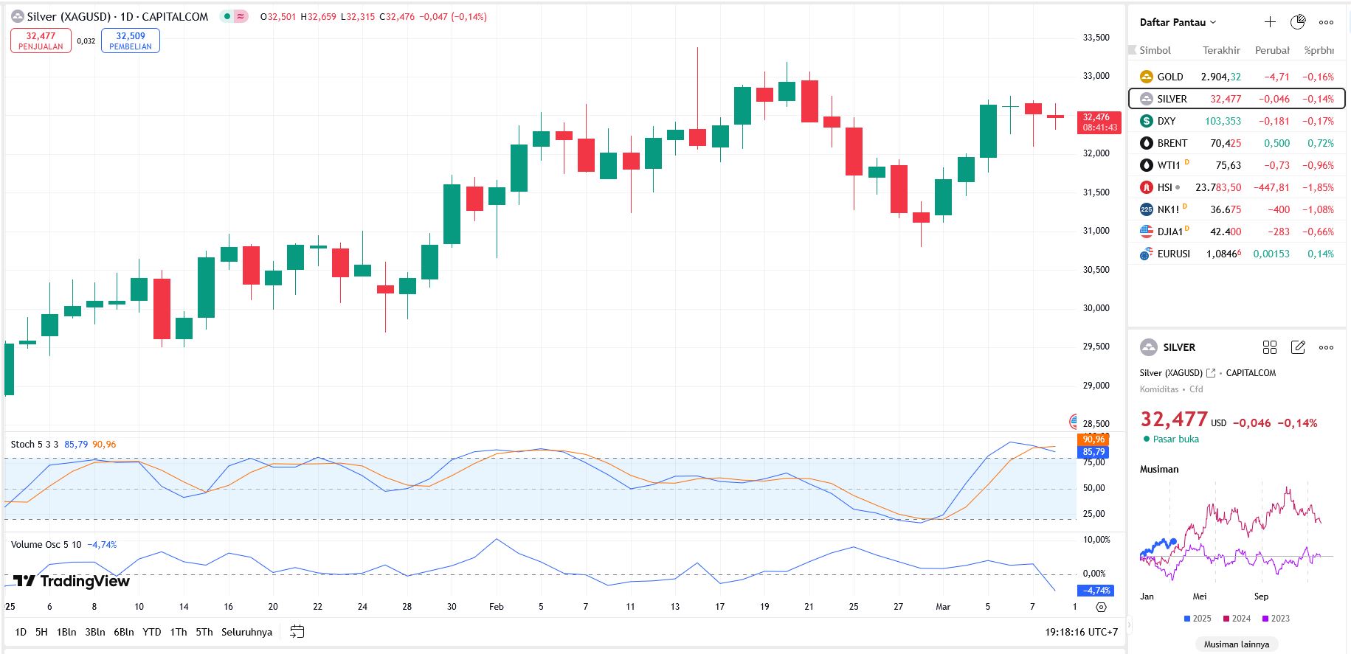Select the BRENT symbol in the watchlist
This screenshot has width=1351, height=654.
coord(1172,143)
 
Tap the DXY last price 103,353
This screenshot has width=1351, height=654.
coord(1223,121)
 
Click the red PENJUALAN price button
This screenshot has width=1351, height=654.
coord(41,41)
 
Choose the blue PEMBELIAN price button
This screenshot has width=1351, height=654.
coord(131,41)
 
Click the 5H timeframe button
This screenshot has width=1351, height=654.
coord(41,632)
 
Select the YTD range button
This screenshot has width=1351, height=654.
coord(151,632)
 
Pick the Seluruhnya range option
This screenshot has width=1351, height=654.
coord(246,632)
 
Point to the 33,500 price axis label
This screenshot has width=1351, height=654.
coord(1096,38)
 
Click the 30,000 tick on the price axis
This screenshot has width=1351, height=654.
coord(1096,308)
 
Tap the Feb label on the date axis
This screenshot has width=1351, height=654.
coord(497,607)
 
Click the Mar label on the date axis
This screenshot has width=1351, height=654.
coord(943,607)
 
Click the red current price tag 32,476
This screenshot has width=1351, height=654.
coord(1098,122)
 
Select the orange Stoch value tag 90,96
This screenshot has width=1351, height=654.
coord(1093,439)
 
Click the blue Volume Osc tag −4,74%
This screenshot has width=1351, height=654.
coord(1096,591)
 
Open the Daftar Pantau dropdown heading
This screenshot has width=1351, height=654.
coord(1177,22)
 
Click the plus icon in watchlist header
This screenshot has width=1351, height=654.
coord(1270,22)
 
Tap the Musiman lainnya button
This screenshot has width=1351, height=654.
coord(1237,644)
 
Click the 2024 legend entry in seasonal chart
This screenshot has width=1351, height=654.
coord(1237,619)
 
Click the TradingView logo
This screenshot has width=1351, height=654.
coord(72,581)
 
